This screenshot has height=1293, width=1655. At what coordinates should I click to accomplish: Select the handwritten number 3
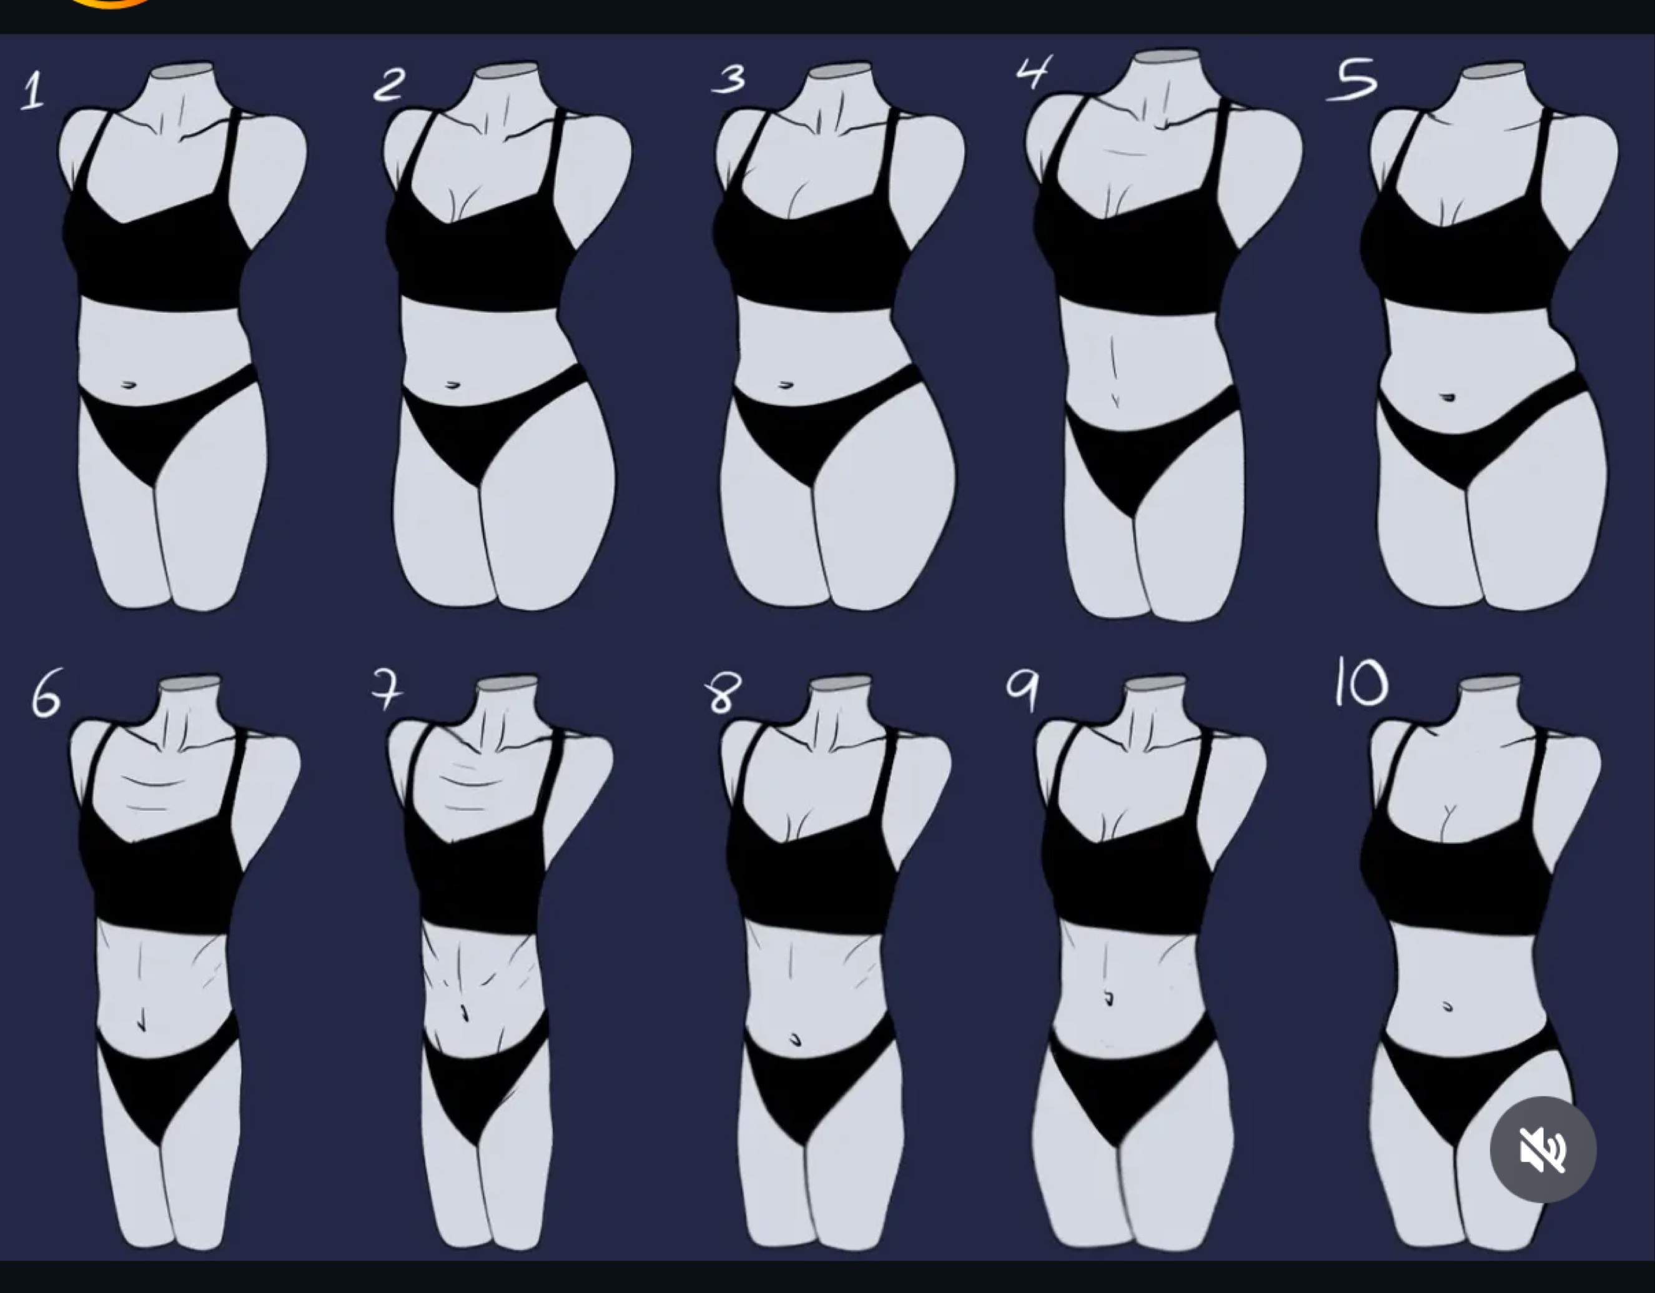point(729,79)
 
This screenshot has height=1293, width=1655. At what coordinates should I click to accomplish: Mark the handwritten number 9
point(1022,691)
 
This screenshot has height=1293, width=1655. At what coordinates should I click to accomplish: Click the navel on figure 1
point(128,385)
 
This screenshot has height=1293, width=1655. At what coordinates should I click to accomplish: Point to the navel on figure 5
point(1448,397)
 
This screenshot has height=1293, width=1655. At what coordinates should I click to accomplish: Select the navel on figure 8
point(795,1038)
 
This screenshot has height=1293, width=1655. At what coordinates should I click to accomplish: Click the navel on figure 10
point(1448,1008)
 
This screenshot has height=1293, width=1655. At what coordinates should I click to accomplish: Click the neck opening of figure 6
point(190,682)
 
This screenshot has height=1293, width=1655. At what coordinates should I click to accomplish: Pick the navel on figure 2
point(452,385)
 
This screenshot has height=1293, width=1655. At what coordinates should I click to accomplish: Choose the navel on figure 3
point(785,385)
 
